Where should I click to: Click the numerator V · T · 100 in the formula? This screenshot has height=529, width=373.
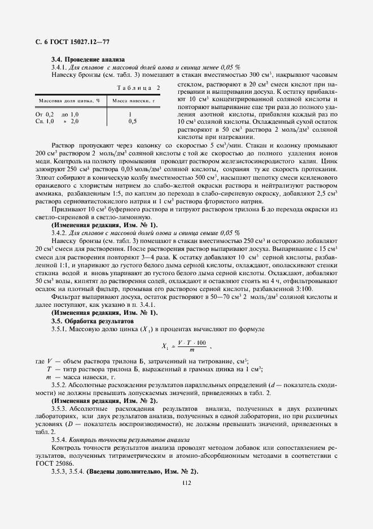[191, 342]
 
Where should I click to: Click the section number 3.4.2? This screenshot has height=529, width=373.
[60, 232]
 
